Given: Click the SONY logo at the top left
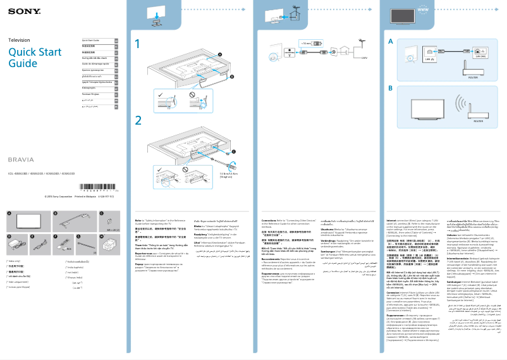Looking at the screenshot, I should coord(19,11).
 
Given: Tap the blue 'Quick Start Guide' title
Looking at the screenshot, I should coord(31,58).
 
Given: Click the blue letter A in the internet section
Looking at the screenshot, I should coord(391,40).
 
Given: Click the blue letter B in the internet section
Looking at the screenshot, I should coord(391,88).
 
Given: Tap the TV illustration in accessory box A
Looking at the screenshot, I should coord(28,222).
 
